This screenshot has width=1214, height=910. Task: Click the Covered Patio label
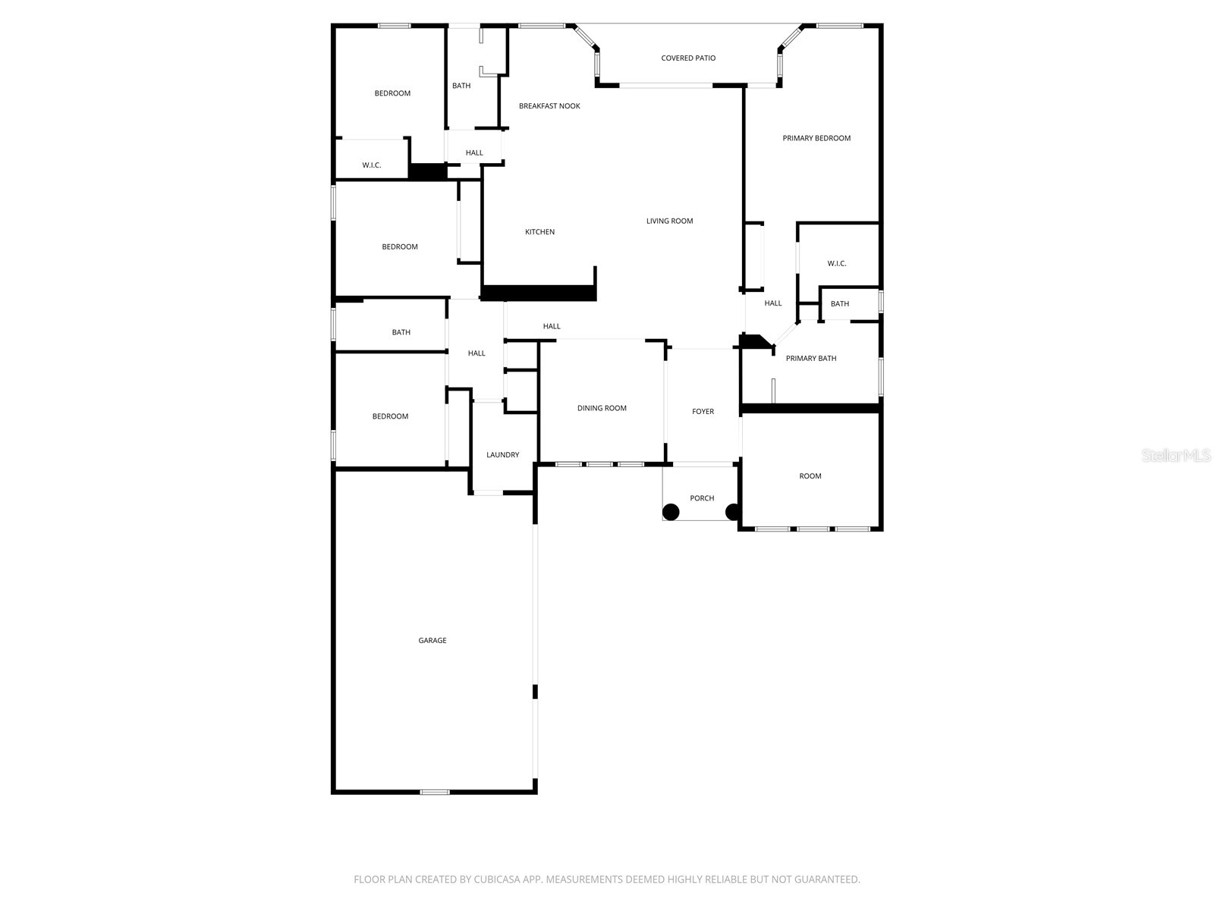click(x=688, y=58)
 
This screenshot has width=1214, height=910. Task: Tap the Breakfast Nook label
click(x=549, y=106)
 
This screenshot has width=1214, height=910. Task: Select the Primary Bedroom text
click(x=816, y=138)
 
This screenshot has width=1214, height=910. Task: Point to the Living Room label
click(x=669, y=221)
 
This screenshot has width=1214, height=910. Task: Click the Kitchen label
click(x=539, y=232)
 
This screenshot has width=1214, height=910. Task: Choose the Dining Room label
click(x=602, y=408)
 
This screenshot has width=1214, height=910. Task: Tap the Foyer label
click(x=703, y=412)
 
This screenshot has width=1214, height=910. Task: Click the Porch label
click(x=702, y=498)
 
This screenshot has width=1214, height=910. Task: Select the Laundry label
click(x=502, y=455)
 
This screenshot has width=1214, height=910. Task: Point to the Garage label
click(x=432, y=641)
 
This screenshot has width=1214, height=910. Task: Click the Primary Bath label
click(x=811, y=359)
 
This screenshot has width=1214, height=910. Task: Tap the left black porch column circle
click(x=671, y=512)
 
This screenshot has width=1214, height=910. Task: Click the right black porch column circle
click(x=733, y=512)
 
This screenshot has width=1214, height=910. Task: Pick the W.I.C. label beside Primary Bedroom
click(x=837, y=264)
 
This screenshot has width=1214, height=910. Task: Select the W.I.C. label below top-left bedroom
click(x=372, y=165)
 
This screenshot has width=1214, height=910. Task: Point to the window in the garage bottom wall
click(x=435, y=792)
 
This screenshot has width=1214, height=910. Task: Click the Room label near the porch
click(x=810, y=476)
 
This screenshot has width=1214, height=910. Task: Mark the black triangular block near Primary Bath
click(x=753, y=342)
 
